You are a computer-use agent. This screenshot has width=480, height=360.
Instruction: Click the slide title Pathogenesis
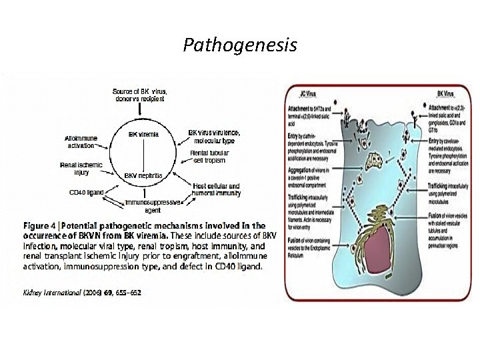point(241,46)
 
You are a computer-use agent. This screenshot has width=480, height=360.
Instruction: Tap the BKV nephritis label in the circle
point(143,175)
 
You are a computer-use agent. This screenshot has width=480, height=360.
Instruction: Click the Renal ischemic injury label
point(81,169)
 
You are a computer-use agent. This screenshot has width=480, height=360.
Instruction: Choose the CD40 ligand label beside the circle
point(87,192)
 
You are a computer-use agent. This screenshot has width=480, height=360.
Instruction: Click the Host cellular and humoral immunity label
point(217,189)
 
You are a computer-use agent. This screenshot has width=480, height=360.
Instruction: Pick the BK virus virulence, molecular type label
point(215,137)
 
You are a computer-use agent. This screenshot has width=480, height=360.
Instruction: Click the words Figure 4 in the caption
point(40,226)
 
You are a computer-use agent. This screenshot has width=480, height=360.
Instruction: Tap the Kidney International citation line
point(82,292)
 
